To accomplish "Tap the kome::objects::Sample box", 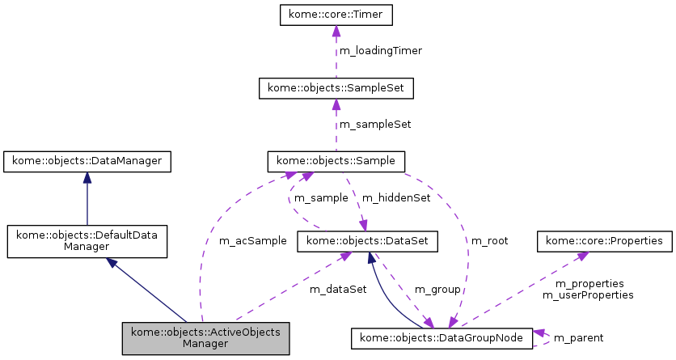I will (x=336, y=162).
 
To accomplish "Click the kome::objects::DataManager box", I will (x=87, y=162).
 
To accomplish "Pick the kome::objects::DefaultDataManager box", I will (x=87, y=242).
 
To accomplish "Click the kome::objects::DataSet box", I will (x=368, y=241).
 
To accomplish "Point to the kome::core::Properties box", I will (x=605, y=241).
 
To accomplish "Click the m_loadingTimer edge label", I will (x=380, y=50).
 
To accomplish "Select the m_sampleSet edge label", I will (x=374, y=125).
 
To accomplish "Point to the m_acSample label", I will (x=252, y=241).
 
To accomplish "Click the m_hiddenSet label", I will (x=395, y=198).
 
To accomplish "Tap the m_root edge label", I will (x=489, y=241).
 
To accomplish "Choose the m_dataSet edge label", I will (x=338, y=289).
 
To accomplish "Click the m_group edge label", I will (x=437, y=289).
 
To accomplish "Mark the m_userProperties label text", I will (x=587, y=295).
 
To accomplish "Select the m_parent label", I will (x=578, y=337).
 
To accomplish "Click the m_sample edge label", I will (x=320, y=198).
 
